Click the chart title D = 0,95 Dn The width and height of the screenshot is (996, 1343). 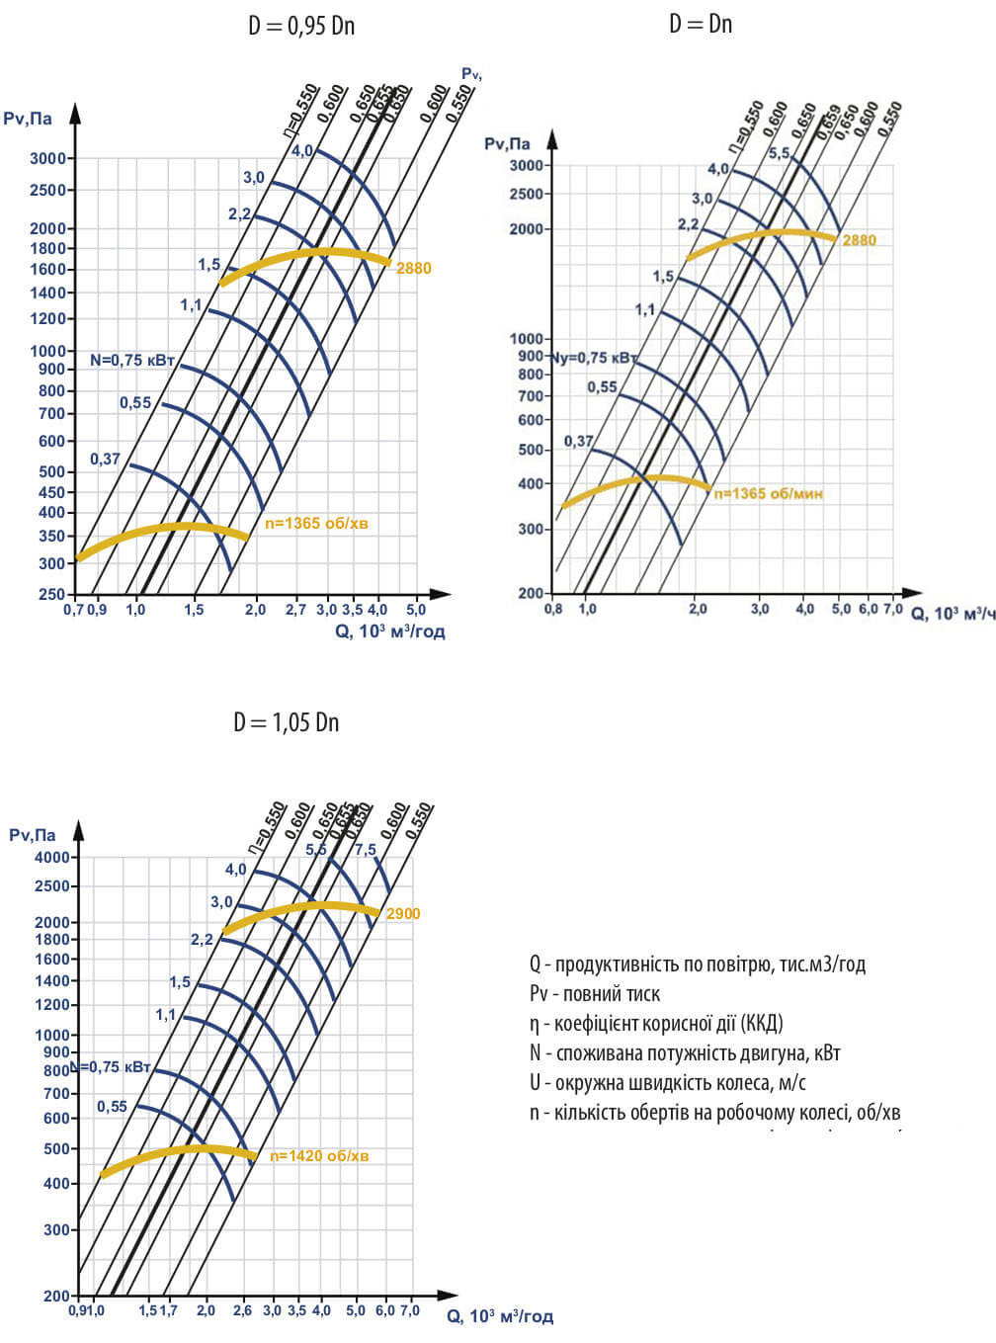(301, 27)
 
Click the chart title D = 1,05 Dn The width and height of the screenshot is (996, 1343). (286, 722)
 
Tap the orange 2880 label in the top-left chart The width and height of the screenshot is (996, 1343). (413, 268)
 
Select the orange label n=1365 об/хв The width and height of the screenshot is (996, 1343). (316, 523)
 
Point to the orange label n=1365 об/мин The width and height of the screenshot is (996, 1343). (768, 493)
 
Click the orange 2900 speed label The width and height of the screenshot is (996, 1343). (403, 913)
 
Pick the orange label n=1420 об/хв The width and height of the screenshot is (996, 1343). (319, 1155)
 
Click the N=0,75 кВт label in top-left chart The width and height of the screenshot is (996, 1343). (132, 361)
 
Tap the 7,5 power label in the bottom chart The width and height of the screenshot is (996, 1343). (366, 850)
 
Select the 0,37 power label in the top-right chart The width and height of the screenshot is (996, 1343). (579, 441)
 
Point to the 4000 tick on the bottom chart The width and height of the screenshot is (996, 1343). (52, 857)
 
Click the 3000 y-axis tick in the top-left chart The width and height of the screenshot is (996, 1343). (47, 158)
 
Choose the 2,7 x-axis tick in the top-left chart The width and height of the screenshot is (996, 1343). (295, 610)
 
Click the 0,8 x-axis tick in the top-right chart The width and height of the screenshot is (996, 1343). (553, 609)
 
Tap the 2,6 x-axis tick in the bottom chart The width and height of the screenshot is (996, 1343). (242, 1310)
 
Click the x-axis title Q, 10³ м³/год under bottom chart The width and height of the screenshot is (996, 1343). (500, 1316)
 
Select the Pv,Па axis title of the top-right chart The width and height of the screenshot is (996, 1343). (507, 144)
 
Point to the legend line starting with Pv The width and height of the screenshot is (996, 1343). (595, 993)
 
